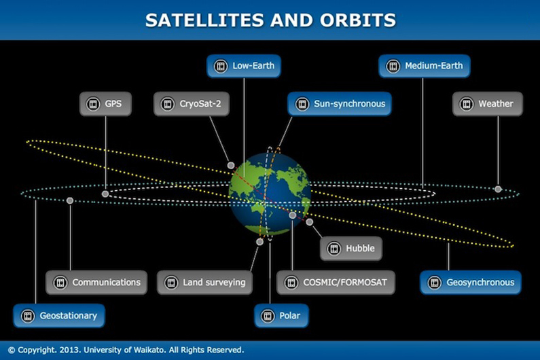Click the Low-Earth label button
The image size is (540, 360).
point(244,67)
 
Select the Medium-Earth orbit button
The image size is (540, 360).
point(425,67)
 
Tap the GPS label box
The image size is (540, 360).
point(105,104)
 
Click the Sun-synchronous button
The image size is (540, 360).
point(340,104)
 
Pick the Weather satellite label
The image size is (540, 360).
point(488,104)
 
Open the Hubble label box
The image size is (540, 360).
point(350,249)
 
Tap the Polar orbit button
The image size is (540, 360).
point(281,316)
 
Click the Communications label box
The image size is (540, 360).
point(96,282)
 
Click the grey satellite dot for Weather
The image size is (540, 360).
point(498,189)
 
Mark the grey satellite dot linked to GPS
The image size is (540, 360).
point(105,194)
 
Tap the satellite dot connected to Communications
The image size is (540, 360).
point(70,200)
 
